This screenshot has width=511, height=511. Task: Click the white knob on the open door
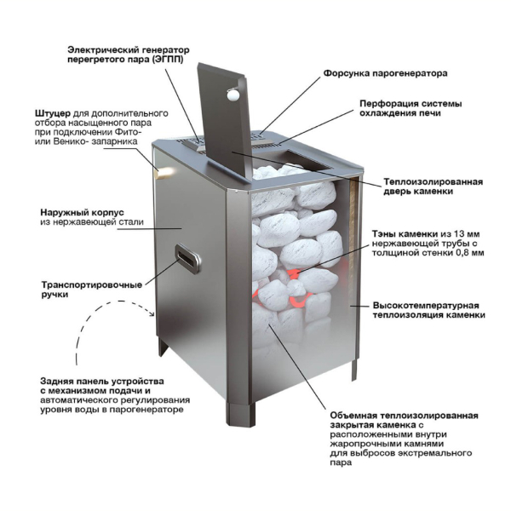[233, 95]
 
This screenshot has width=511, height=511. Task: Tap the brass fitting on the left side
[165, 172]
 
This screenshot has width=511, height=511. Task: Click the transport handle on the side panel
[187, 259]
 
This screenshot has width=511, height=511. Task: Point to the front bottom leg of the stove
[241, 415]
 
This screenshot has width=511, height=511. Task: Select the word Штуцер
[53, 114]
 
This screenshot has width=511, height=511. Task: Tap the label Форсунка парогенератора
[385, 73]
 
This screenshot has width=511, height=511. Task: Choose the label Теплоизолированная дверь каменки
[433, 186]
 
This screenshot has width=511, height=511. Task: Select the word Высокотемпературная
[426, 306]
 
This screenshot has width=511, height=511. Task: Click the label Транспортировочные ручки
[92, 290]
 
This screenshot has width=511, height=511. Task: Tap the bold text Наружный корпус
[82, 212]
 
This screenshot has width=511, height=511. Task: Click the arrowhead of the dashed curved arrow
[151, 313]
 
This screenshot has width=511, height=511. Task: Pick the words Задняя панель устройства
[102, 381]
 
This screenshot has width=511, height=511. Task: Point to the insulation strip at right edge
[353, 241]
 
